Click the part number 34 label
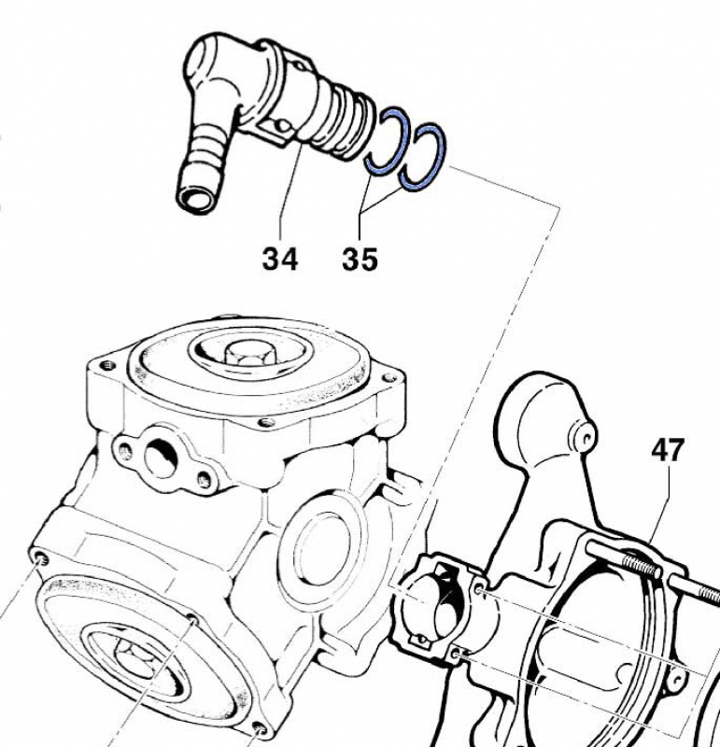coord(280,257)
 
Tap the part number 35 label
coord(360,259)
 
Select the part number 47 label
coord(668,451)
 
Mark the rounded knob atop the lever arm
coord(542,411)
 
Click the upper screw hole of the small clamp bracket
coord(478,592)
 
